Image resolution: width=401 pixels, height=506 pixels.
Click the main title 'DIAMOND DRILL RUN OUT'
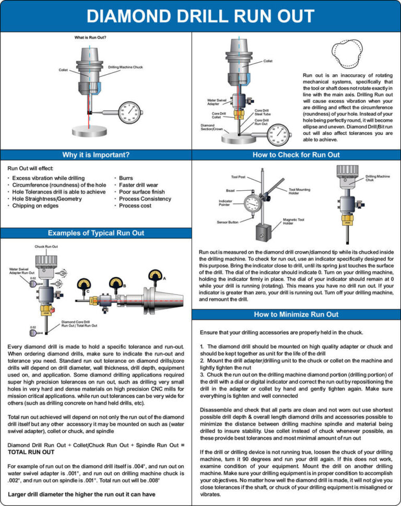coord(200,16)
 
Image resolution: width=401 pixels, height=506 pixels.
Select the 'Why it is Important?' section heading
coord(96,155)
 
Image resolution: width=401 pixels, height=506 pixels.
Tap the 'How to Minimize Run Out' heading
coord(296,314)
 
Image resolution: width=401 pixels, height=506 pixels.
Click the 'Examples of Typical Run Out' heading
coord(96,233)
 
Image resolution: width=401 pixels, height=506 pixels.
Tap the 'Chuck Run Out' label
coord(46,246)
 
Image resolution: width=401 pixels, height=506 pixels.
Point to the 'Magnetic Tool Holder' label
coord(294,221)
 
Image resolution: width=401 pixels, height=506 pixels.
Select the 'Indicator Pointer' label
coord(226,203)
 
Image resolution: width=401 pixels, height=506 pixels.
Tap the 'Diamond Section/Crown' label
coord(211,128)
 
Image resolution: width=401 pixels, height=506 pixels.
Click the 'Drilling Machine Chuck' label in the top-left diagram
coord(125,67)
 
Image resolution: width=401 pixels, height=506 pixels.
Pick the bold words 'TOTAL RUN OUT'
coord(31,452)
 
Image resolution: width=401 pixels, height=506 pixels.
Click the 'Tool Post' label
coord(238,177)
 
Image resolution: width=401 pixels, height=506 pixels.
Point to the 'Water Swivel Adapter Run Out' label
coord(21,271)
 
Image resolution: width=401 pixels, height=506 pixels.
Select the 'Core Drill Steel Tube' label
coord(262,112)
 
